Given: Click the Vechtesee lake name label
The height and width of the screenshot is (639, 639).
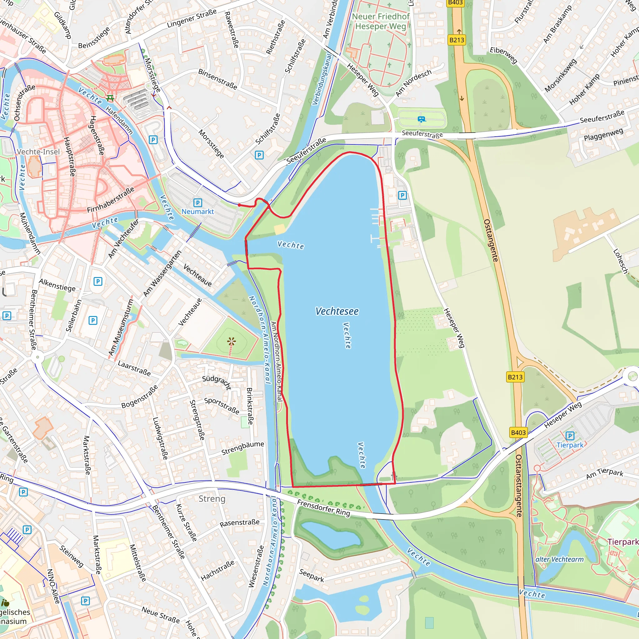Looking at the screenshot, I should [x=337, y=311].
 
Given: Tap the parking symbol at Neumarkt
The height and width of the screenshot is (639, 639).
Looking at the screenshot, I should [x=198, y=202].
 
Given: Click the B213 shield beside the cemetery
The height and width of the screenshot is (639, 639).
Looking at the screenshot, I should [x=456, y=40].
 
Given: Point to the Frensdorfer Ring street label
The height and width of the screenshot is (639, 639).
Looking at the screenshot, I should [x=323, y=508].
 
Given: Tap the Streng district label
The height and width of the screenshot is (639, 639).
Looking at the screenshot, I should [x=212, y=499].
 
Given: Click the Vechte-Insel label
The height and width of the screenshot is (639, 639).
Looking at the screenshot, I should [x=38, y=152].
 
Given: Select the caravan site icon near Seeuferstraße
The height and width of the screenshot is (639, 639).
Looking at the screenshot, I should [x=421, y=119].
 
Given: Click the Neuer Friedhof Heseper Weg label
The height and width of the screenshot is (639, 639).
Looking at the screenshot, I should [x=380, y=21].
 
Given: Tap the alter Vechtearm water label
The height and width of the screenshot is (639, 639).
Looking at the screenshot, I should [x=559, y=559].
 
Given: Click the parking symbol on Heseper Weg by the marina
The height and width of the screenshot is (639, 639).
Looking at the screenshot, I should [x=402, y=195].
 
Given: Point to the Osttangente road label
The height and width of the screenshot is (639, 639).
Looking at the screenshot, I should [x=491, y=240].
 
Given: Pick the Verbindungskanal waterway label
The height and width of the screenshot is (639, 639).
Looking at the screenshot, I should [x=321, y=79].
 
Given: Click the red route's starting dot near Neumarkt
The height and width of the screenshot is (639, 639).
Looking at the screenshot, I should [x=239, y=205].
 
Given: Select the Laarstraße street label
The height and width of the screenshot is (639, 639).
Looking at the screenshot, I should [x=134, y=368].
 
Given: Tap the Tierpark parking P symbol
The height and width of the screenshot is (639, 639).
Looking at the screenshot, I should [x=569, y=436].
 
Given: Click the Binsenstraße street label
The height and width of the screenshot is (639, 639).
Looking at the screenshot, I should [x=218, y=79].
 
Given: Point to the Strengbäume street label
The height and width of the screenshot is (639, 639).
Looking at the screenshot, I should [x=242, y=448].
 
